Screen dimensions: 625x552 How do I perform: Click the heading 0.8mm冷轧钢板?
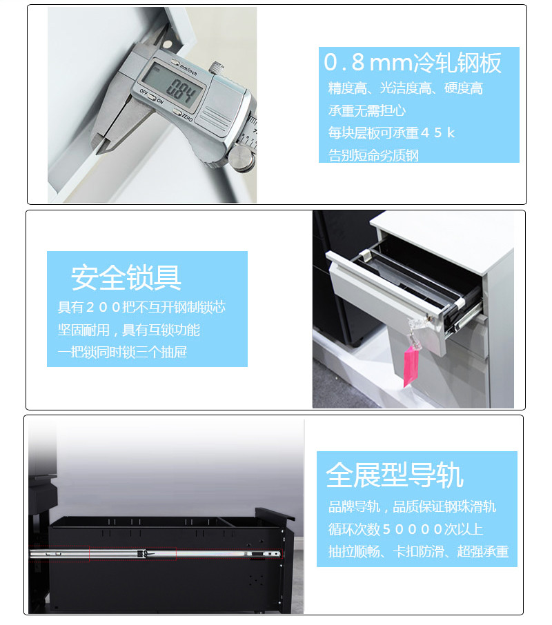[x=413, y=63]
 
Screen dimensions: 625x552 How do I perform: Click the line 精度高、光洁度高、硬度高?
[x=405, y=88]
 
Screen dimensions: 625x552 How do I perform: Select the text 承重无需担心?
[x=366, y=110]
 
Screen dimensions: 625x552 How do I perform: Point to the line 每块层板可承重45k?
[x=391, y=132]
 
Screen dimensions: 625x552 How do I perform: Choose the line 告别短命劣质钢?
[x=373, y=155]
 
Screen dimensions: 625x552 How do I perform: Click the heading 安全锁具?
[x=126, y=277]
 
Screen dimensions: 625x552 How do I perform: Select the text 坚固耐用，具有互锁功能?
[x=129, y=330]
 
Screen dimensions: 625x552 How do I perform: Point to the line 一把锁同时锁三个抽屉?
[x=122, y=353]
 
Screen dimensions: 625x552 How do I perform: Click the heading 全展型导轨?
[x=395, y=475]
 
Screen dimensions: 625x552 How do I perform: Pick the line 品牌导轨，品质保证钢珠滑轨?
[x=412, y=507]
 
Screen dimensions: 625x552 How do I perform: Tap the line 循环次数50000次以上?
[x=406, y=530]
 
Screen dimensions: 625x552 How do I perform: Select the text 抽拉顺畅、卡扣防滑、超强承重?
[x=418, y=552]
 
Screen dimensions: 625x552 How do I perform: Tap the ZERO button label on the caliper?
[x=188, y=118]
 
